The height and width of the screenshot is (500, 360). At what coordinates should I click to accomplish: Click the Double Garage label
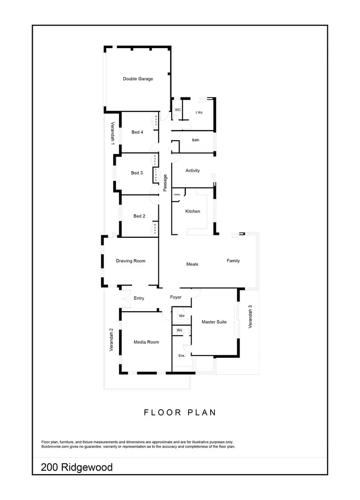click(138, 79)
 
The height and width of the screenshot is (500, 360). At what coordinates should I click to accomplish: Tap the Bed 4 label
click(137, 132)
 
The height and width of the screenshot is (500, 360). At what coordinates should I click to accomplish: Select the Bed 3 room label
click(137, 173)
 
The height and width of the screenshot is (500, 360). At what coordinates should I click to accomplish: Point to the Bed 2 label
click(139, 216)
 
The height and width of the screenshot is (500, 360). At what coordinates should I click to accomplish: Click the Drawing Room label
click(131, 261)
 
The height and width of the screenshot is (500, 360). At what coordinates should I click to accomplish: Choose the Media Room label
click(146, 342)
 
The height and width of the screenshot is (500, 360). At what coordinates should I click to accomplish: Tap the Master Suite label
click(214, 322)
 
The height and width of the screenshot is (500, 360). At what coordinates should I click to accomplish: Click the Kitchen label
click(193, 211)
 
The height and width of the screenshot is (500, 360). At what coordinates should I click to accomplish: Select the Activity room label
click(192, 171)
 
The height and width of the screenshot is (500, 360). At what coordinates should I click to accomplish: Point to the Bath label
click(195, 140)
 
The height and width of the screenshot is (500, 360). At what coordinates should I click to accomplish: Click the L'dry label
click(200, 112)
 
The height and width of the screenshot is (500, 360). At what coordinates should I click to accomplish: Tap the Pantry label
click(177, 195)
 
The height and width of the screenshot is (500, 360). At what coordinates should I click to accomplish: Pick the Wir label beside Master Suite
click(182, 316)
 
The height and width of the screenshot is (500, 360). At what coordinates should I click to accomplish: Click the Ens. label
click(181, 355)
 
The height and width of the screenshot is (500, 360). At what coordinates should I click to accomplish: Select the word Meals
click(192, 264)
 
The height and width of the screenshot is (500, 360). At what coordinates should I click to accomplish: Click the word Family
click(233, 261)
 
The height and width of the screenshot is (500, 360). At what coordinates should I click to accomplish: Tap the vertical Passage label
click(165, 183)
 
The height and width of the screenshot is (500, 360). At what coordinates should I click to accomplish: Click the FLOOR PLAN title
click(180, 412)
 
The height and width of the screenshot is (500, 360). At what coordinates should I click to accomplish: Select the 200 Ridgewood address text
click(77, 467)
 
